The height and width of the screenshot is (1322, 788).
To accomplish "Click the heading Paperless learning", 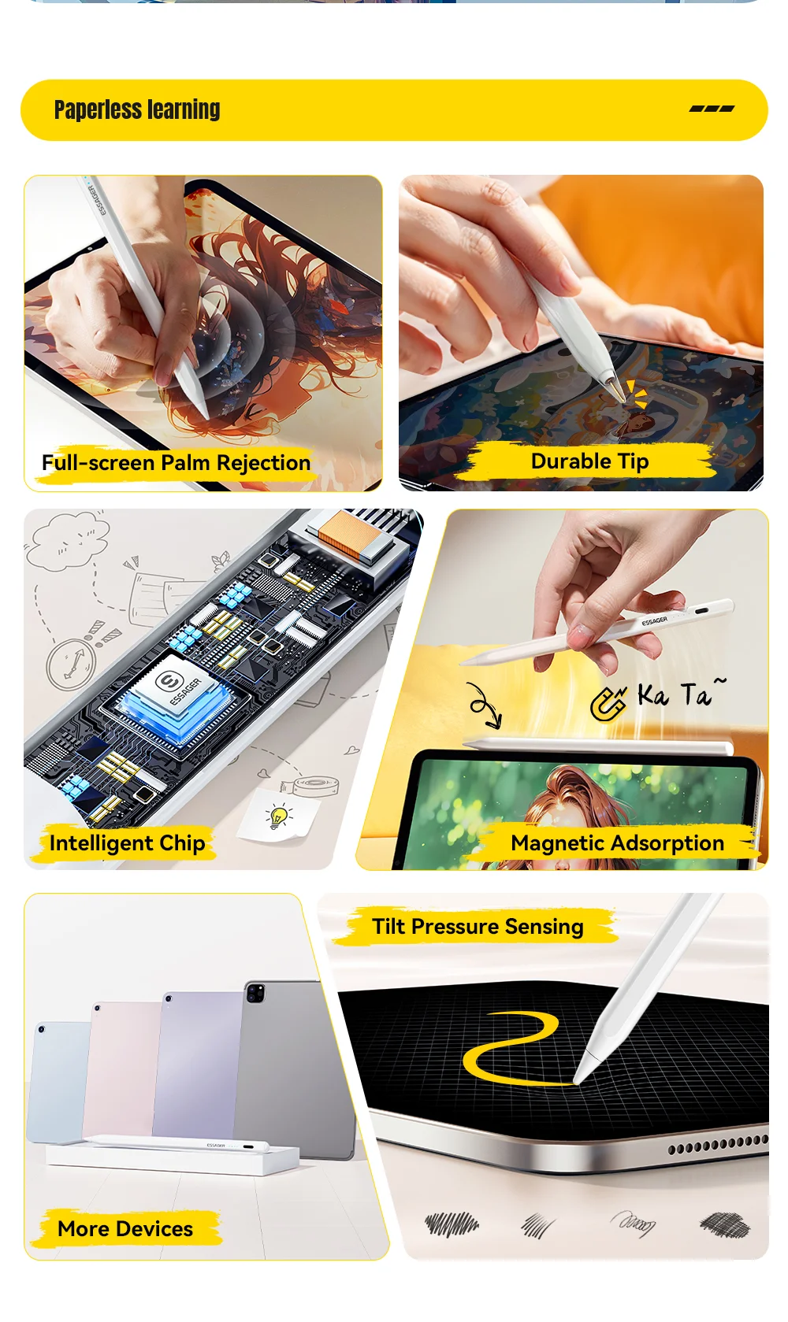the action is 137,109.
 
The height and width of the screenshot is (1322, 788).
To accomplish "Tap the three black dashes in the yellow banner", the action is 712,109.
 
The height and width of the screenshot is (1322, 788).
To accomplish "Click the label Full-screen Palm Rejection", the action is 176,463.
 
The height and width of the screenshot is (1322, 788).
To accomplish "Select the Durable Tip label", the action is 589,461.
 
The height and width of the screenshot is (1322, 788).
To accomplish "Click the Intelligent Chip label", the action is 127,842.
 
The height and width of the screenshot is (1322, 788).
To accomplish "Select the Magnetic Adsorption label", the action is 617,842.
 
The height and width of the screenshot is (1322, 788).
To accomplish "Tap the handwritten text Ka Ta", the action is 681,694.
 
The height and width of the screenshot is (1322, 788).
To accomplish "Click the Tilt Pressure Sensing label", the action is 478,927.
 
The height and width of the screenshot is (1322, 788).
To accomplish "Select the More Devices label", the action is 125,1229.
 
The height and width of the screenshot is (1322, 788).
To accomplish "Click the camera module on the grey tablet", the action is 255,993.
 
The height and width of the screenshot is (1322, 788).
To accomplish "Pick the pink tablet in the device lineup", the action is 121,1068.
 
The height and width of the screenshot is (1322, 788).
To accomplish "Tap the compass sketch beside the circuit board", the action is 71,664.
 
